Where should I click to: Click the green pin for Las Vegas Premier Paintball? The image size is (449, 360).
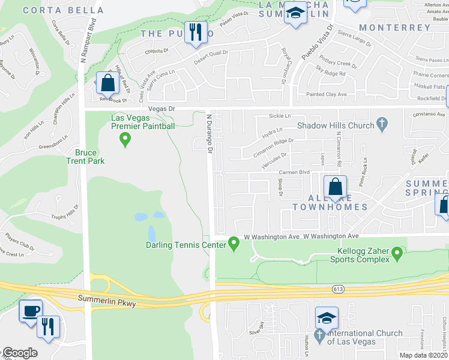(125, 140)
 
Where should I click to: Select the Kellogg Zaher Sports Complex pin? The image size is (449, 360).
(396, 256)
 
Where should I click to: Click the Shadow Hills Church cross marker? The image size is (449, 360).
(381, 125)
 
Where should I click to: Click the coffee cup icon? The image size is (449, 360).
(30, 311)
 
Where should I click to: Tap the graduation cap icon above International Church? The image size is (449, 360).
(326, 317)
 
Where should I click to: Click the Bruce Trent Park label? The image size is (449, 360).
(86, 157)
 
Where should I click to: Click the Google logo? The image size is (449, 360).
(20, 353)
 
